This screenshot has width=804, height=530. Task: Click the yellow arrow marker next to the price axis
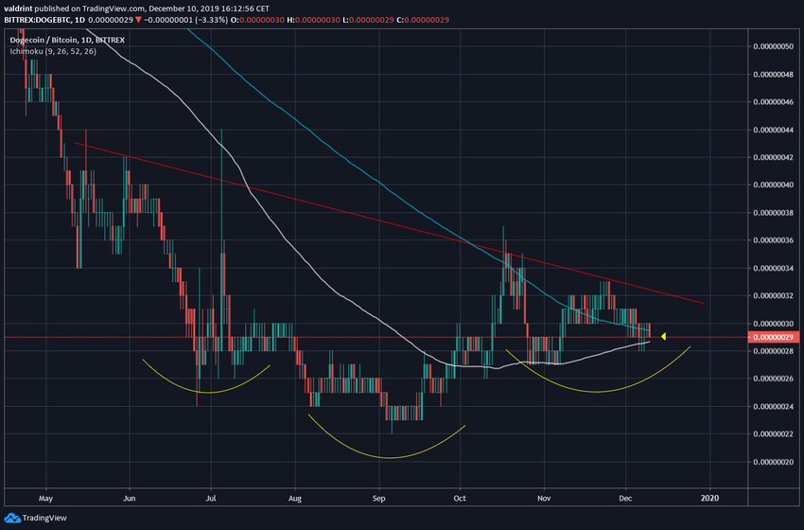pyautogui.click(x=664, y=336)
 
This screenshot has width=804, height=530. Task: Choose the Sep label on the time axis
pyautogui.click(x=378, y=495)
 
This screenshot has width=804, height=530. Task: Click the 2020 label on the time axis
pyautogui.click(x=709, y=495)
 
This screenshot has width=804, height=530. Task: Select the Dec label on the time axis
pyautogui.click(x=626, y=495)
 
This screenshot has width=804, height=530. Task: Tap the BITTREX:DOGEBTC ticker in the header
pyautogui.click(x=42, y=18)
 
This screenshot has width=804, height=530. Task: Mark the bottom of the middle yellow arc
pyautogui.click(x=388, y=458)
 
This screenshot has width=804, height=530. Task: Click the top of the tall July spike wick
pyautogui.click(x=221, y=129)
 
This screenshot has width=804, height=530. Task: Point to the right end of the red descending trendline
pyautogui.click(x=704, y=304)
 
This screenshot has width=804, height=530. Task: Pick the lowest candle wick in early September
pyautogui.click(x=392, y=433)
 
